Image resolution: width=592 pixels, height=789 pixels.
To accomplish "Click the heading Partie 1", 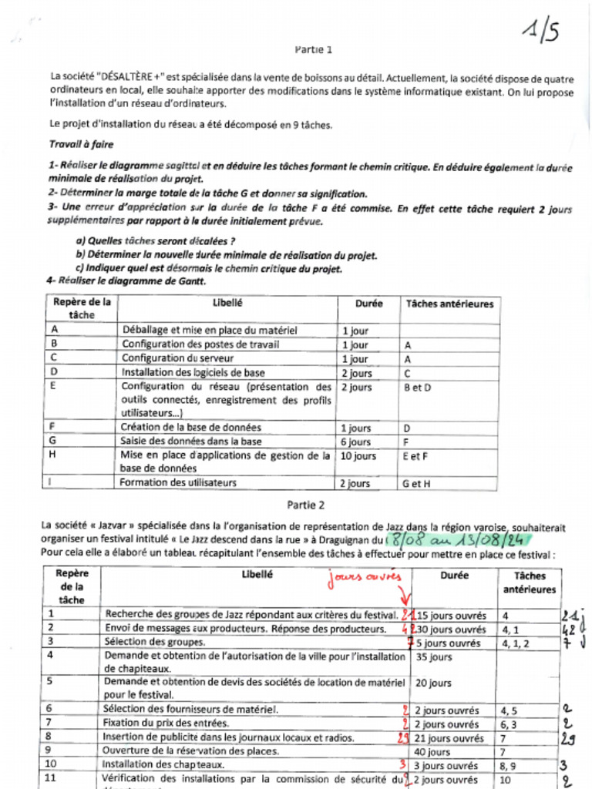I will click(x=314, y=49).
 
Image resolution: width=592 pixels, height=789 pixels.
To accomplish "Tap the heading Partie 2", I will click(x=306, y=505).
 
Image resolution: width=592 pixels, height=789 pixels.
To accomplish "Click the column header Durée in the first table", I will click(x=368, y=304).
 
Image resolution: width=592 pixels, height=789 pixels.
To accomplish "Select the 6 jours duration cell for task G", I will click(x=356, y=442).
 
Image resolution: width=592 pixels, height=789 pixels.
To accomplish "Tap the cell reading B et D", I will click(x=418, y=388).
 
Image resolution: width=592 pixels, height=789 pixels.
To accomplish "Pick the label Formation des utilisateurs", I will click(x=178, y=483).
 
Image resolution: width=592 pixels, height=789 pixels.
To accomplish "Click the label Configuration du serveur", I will click(x=177, y=359).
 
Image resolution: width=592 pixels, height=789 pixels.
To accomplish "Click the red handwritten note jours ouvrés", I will click(x=365, y=578).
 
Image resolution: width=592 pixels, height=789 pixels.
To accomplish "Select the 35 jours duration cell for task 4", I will click(x=433, y=657).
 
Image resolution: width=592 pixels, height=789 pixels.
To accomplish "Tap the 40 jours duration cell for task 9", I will click(x=432, y=752).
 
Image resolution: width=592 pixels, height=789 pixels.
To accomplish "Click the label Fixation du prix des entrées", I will click(x=166, y=724).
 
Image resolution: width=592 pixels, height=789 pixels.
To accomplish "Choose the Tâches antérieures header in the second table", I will click(x=529, y=583).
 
